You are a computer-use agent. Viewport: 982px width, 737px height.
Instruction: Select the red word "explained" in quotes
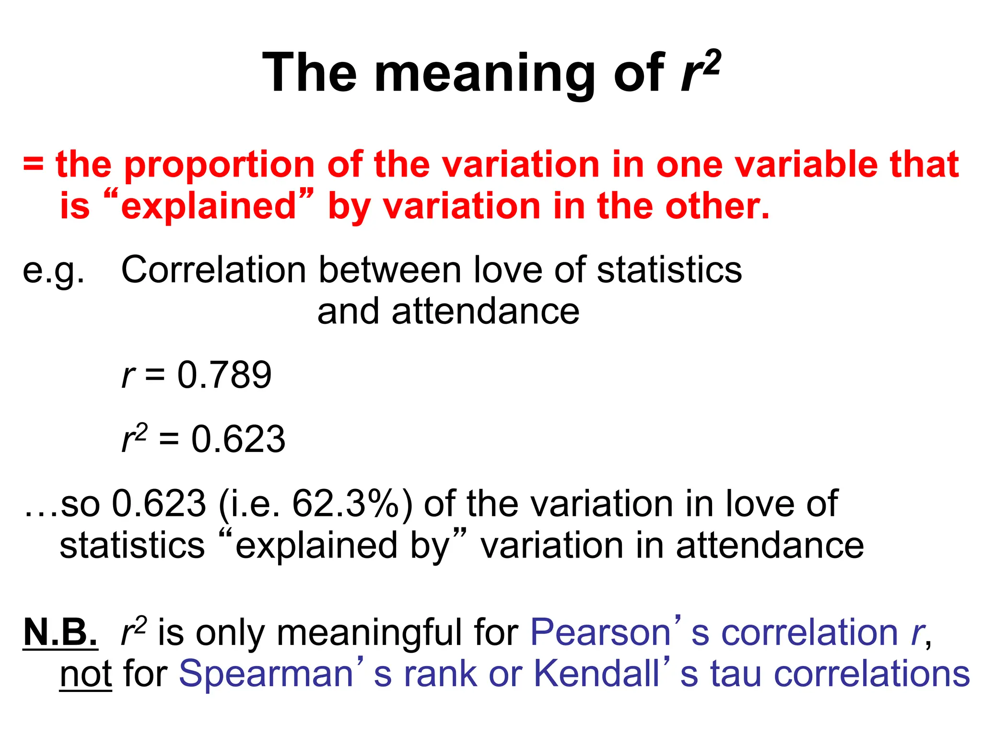click(209, 206)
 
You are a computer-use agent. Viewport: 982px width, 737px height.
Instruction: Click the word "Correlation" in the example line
click(213, 270)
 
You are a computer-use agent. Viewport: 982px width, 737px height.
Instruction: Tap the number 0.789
click(224, 375)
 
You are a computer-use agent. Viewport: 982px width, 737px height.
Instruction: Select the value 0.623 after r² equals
click(238, 439)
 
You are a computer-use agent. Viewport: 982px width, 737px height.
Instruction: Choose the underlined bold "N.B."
click(60, 632)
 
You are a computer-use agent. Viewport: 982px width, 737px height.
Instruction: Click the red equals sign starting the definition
click(33, 165)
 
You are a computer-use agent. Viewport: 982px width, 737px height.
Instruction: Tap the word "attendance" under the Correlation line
click(448, 312)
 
